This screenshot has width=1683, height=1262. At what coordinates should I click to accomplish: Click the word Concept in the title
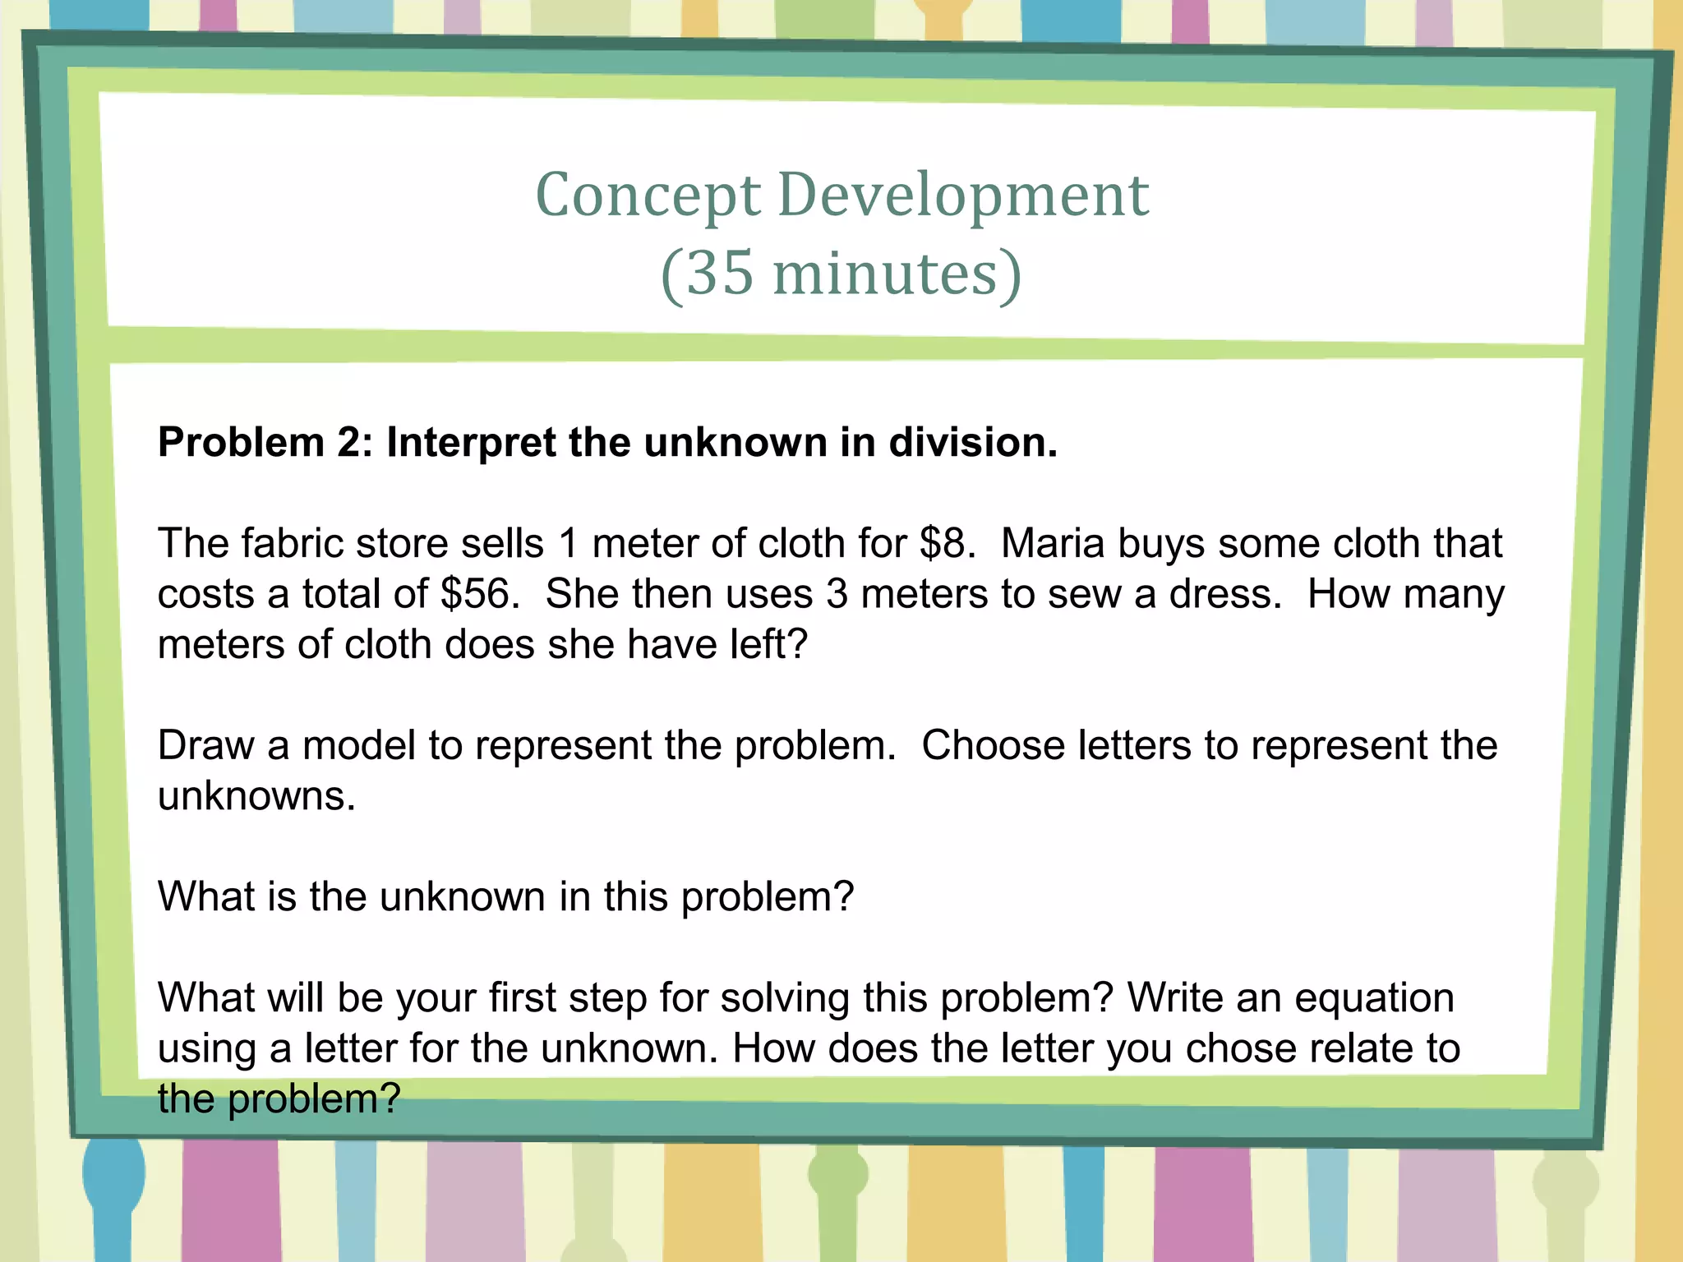pos(648,197)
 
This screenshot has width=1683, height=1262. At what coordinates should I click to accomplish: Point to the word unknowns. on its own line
pos(256,796)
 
